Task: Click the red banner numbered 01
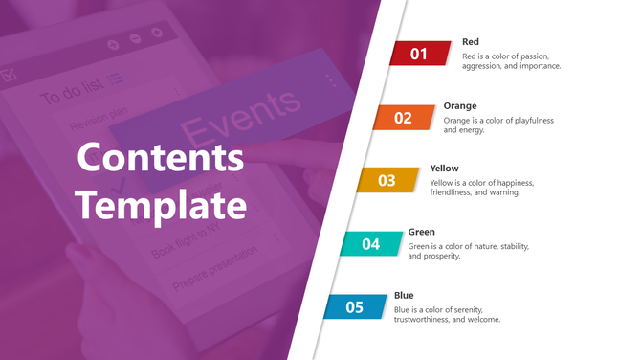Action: coord(420,54)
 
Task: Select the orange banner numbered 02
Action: coord(404,118)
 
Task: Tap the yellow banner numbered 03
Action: coord(387,180)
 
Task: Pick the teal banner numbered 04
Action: coord(371,244)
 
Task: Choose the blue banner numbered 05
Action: coord(355,307)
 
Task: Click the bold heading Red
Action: coord(471,42)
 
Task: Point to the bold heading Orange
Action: coord(460,105)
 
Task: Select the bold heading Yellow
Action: coord(445,169)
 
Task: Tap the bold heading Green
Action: coord(422,232)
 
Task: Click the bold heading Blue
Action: coord(403,295)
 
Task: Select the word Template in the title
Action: coord(161,204)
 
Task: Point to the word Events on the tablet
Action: coord(240,115)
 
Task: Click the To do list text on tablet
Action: coord(72,96)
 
